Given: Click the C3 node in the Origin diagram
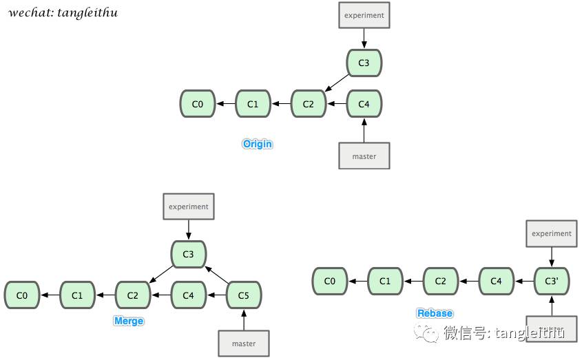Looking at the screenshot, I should (364, 63).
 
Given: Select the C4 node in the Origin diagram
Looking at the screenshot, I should (364, 104).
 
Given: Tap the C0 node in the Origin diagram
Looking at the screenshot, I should (198, 104).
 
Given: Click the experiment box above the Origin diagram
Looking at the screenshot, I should (364, 15).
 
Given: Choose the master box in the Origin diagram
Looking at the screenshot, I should (364, 156).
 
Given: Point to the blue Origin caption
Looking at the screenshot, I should (258, 144).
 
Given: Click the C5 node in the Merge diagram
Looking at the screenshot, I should (244, 295).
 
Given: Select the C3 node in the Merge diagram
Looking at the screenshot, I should (188, 255).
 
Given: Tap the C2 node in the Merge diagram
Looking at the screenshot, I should (132, 295).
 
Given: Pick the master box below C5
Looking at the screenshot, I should (244, 343).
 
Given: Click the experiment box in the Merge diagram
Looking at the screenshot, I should (188, 207).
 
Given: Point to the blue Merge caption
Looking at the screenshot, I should (129, 321).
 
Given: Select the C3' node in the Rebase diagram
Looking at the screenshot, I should (552, 281).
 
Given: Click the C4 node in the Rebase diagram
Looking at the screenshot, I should (496, 281).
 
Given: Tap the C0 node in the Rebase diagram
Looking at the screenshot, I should (330, 281).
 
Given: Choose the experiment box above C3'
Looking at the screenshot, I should (552, 233).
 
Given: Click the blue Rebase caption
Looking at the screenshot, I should (435, 313).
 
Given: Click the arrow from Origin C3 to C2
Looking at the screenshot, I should (337, 83).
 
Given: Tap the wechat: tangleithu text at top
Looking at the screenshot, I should (63, 12).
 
